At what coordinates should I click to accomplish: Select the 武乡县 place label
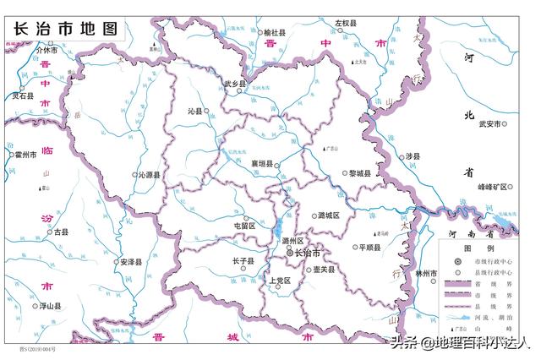[234, 85]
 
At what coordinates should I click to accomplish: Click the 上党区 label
[279, 280]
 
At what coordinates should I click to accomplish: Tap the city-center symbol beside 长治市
[289, 253]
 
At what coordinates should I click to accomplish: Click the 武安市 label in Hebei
[491, 124]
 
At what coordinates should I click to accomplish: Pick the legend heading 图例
[484, 248]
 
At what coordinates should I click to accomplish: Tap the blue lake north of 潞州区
[276, 227]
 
